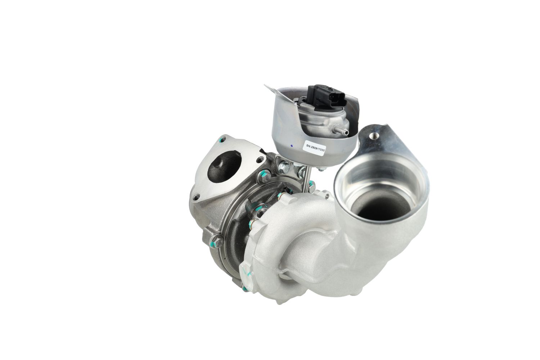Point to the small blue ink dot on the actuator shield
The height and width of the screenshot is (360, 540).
pyautogui.click(x=292, y=146)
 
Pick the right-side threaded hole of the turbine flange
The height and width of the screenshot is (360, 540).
pyautogui.click(x=260, y=159)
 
